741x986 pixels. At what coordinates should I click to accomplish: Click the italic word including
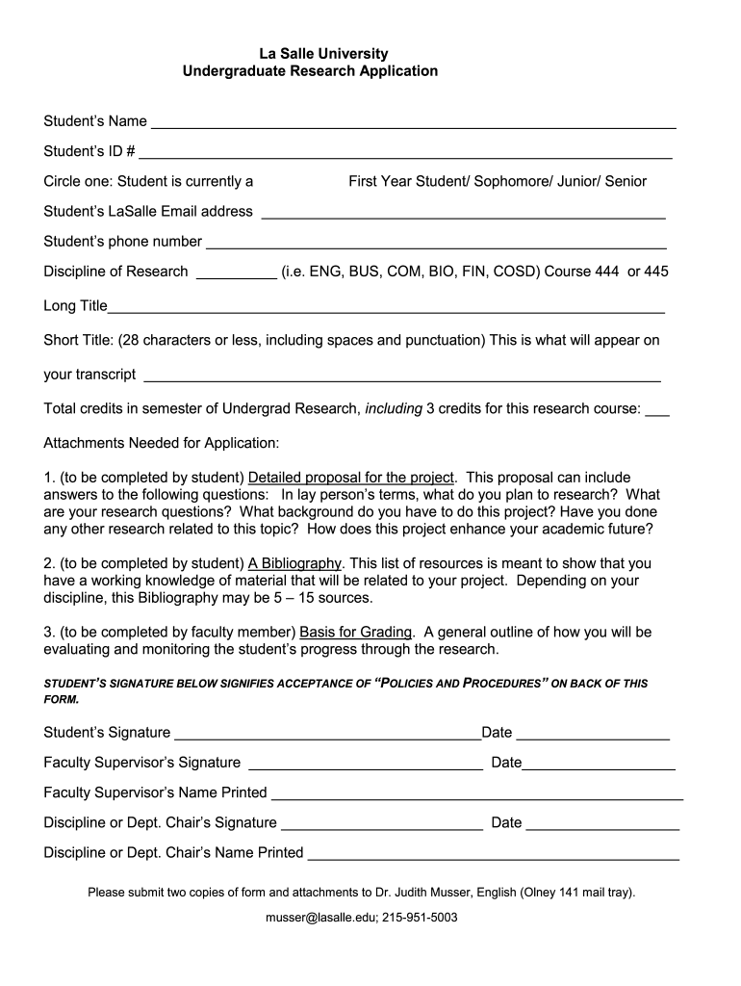394,409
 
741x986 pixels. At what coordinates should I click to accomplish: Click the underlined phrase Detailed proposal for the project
350,478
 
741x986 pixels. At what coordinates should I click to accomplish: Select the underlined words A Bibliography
294,563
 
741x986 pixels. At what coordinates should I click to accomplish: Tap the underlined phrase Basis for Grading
356,633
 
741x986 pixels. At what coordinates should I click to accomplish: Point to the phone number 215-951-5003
420,918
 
